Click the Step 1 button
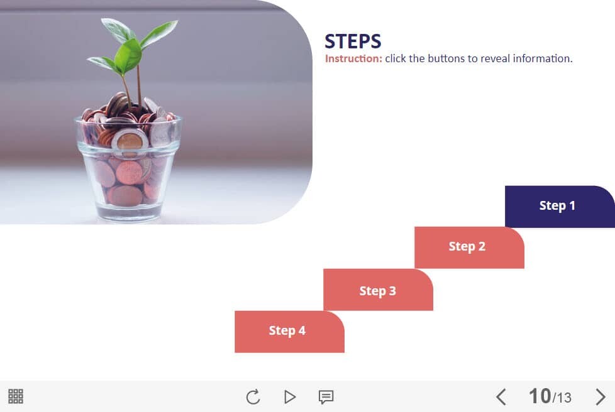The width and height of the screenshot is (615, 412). pos(560,207)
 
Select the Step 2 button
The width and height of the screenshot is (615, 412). pos(469,247)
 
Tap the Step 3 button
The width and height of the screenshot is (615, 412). pos(378,290)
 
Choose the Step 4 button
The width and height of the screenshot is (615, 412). pos(289,332)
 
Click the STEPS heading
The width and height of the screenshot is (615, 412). pos(353,41)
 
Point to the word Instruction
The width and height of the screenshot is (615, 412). pos(353,59)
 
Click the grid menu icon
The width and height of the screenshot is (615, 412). pos(16,396)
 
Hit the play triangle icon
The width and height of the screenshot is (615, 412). pos(289,397)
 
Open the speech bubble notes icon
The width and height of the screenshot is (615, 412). pos(326,397)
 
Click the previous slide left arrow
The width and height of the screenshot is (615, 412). pos(501,397)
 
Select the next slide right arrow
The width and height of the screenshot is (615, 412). pos(601,397)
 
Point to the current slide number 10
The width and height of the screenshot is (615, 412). pos(540,396)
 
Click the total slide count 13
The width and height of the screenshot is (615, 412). pos(564,398)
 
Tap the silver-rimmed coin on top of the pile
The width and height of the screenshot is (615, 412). pos(130,140)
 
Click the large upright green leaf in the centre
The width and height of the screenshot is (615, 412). pos(128,56)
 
